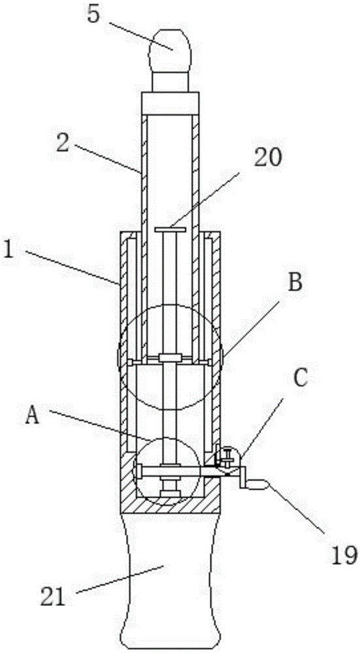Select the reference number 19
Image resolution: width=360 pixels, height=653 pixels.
[343, 554]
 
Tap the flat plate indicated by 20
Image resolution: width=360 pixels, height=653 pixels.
[170, 230]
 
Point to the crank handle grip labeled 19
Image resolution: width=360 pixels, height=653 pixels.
[258, 484]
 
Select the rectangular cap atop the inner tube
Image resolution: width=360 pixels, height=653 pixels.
[170, 103]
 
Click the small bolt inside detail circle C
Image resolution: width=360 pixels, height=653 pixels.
[227, 457]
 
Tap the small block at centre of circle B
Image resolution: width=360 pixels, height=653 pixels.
[170, 358]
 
